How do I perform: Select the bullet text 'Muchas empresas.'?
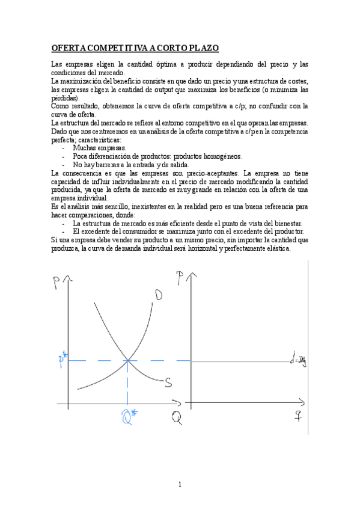coord(99,147)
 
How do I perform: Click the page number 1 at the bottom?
coord(180,485)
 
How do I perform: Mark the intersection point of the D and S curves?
coord(127,361)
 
